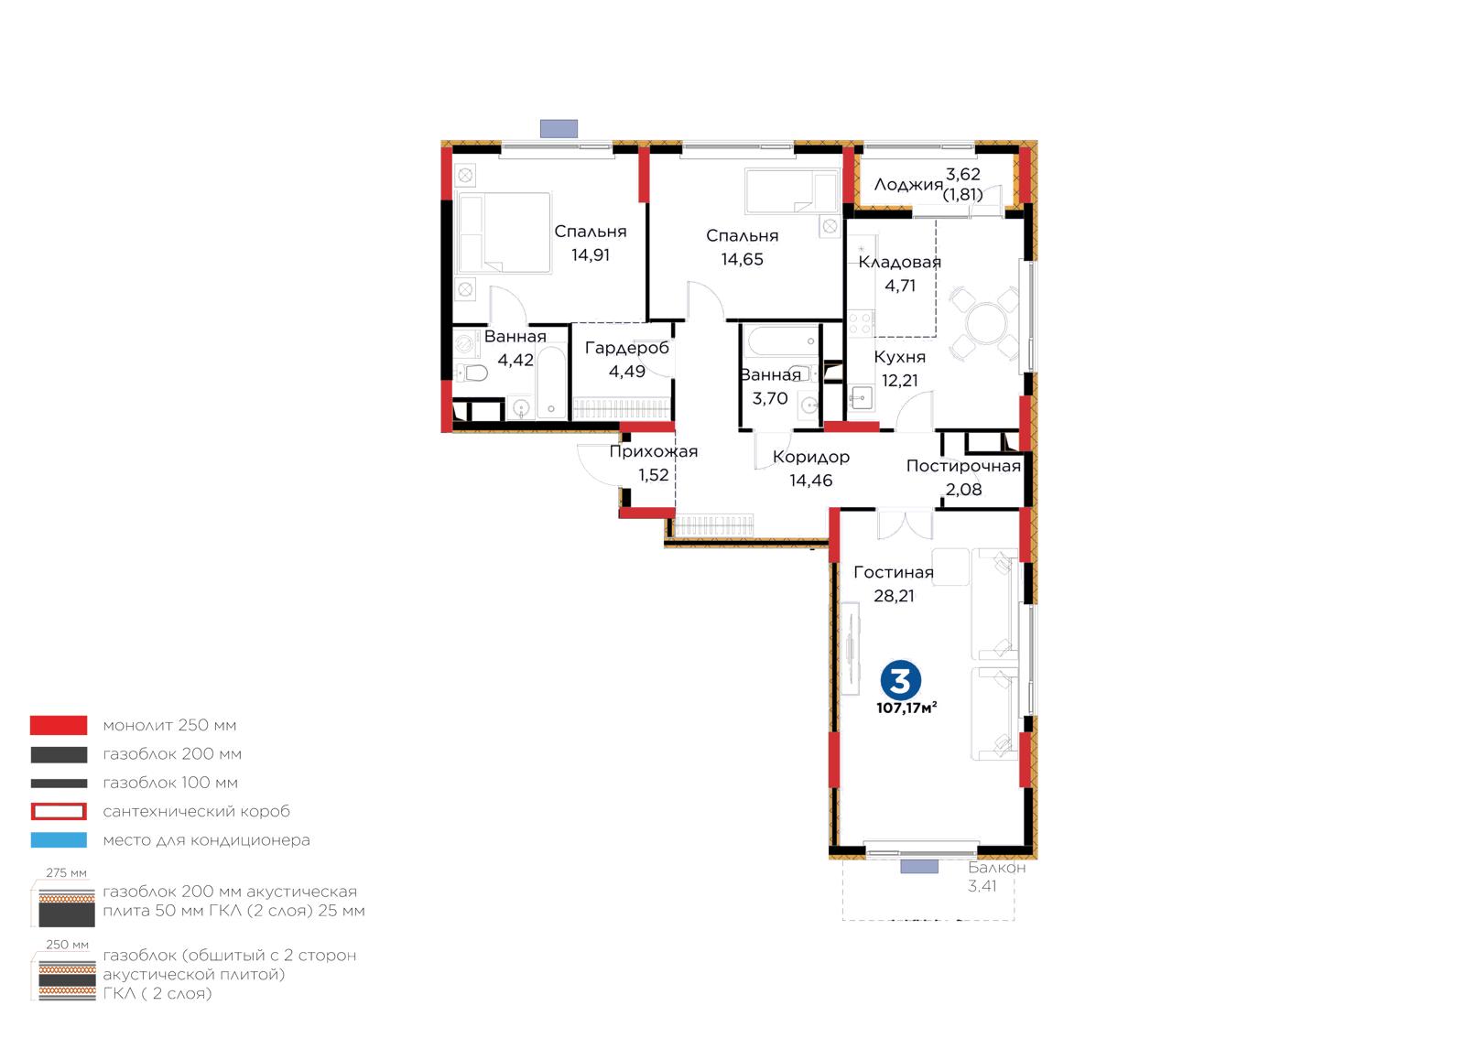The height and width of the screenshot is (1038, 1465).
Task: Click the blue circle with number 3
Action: pyautogui.click(x=901, y=680)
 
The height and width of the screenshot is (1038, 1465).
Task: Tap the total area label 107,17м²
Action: pyautogui.click(x=906, y=708)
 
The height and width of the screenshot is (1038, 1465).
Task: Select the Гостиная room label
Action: pyautogui.click(x=894, y=573)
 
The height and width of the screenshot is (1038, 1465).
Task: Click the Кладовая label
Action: pyautogui.click(x=899, y=262)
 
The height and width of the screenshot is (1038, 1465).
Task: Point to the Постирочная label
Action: pyautogui.click(x=963, y=466)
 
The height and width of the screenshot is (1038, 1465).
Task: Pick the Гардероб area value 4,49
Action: pyautogui.click(x=627, y=372)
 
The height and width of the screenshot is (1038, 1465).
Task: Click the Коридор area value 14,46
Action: pyautogui.click(x=811, y=481)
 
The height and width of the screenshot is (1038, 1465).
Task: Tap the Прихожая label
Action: pyautogui.click(x=654, y=451)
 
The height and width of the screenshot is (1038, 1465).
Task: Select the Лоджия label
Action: pyautogui.click(x=908, y=185)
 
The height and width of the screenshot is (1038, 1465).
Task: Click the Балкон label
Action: pyautogui.click(x=997, y=868)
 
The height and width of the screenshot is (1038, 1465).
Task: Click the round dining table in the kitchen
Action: pyautogui.click(x=986, y=323)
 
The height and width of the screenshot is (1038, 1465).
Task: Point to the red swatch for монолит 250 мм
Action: pyautogui.click(x=59, y=725)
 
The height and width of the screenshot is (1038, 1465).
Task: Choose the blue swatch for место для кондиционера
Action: pyautogui.click(x=59, y=840)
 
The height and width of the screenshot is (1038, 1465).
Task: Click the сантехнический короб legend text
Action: pyautogui.click(x=196, y=811)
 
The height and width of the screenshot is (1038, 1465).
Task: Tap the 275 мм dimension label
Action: pyautogui.click(x=66, y=872)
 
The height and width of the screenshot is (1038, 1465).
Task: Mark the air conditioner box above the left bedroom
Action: pyautogui.click(x=559, y=129)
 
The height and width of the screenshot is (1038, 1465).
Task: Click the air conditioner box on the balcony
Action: pyautogui.click(x=919, y=867)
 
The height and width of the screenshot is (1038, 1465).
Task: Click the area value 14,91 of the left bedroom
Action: pyautogui.click(x=590, y=255)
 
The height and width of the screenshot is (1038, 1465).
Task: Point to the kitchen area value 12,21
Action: pyautogui.click(x=900, y=381)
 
